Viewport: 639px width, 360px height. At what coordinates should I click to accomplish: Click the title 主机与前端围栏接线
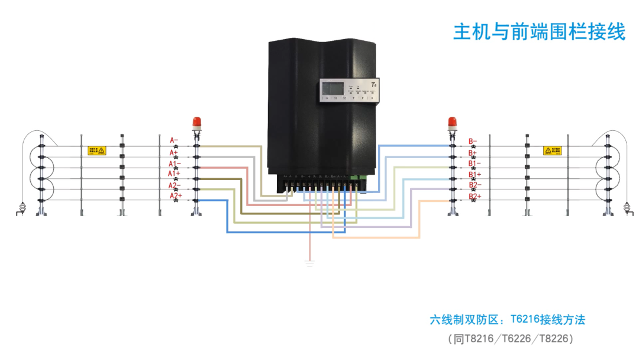(539, 32)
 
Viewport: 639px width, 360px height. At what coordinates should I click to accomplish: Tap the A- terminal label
(174, 140)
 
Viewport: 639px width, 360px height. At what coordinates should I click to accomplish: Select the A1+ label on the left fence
(174, 173)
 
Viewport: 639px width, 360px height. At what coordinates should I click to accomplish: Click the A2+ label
(175, 196)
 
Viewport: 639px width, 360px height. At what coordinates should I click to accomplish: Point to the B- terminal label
(473, 141)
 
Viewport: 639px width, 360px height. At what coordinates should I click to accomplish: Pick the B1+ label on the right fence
(475, 174)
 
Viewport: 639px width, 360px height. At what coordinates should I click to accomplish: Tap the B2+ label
(475, 196)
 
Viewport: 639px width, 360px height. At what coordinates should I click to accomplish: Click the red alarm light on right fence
(452, 123)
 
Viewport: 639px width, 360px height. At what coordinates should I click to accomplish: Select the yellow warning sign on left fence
(96, 151)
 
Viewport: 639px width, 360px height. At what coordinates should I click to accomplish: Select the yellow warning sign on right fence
(552, 151)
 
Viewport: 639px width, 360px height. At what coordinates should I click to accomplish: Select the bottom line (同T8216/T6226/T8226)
(510, 339)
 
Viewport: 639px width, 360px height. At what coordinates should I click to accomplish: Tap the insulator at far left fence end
(22, 208)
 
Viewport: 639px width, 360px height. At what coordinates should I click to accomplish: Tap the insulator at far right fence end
(627, 208)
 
